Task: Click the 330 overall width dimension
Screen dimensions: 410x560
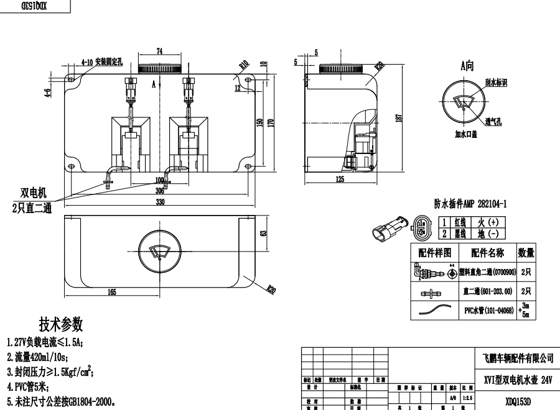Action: click(160, 203)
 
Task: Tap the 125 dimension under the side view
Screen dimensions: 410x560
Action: click(339, 180)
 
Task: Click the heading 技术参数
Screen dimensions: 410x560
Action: click(61, 324)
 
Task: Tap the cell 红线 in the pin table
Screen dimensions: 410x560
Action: click(461, 222)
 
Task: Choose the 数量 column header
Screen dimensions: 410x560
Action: click(526, 252)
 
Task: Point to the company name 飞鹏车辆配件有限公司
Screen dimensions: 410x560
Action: click(518, 358)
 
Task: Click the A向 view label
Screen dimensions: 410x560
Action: click(467, 65)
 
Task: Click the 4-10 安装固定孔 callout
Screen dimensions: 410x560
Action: click(104, 63)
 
